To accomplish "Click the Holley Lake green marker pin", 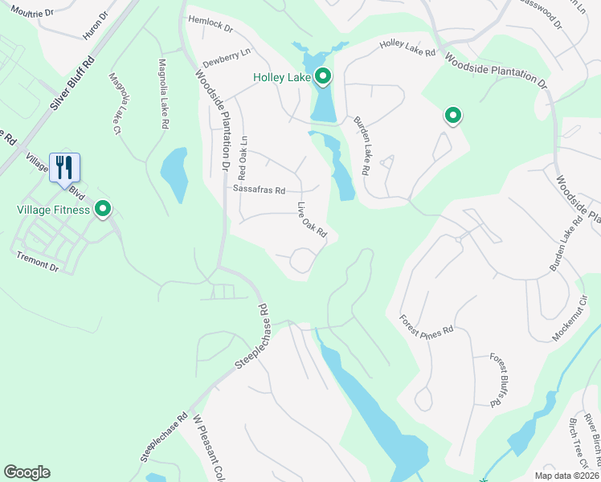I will point(323,76).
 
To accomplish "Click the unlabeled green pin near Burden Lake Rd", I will point(453,116).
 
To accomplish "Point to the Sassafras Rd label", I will point(259,190).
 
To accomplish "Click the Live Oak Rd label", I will point(313,219).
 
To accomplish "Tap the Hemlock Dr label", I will point(210,24).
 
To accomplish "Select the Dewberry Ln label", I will point(227,51).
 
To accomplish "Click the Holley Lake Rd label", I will point(407,48).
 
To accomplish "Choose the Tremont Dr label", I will point(38,261).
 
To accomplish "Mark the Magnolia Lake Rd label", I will point(163,94).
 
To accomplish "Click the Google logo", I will point(27,472).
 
